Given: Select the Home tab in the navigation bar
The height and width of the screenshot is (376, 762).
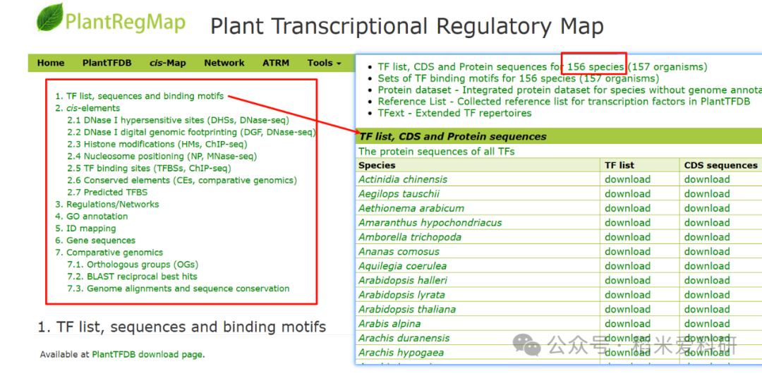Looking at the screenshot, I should pyautogui.click(x=51, y=63).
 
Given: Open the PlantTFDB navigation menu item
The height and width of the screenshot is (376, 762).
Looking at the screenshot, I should pyautogui.click(x=107, y=63).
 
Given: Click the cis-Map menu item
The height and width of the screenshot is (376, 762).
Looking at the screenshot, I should pyautogui.click(x=167, y=63).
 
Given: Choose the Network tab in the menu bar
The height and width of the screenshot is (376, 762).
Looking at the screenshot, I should pyautogui.click(x=224, y=63).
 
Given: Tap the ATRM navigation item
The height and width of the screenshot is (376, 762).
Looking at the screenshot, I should pyautogui.click(x=276, y=63).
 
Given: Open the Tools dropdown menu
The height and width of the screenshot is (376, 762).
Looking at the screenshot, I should pyautogui.click(x=324, y=63).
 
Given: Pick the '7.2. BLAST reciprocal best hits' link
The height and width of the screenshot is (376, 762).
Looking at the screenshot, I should pyautogui.click(x=132, y=277).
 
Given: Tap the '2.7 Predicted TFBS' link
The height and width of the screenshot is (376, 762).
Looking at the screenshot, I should pyautogui.click(x=107, y=193).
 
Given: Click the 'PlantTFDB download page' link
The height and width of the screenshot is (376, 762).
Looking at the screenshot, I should pyautogui.click(x=147, y=355).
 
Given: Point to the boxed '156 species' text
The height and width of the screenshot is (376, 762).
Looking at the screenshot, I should pyautogui.click(x=595, y=67).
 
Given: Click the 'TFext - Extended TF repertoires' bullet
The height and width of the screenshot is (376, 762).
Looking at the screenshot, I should pyautogui.click(x=454, y=113).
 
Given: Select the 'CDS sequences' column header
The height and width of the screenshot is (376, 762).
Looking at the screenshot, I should pyautogui.click(x=720, y=165).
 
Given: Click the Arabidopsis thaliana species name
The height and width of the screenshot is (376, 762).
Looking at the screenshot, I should pyautogui.click(x=407, y=309).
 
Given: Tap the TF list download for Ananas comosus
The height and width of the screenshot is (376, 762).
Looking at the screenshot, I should pyautogui.click(x=627, y=251).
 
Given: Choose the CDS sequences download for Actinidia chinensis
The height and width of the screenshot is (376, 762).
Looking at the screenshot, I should pyautogui.click(x=707, y=179).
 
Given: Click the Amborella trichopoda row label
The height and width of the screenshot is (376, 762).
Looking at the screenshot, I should pyautogui.click(x=410, y=237).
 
